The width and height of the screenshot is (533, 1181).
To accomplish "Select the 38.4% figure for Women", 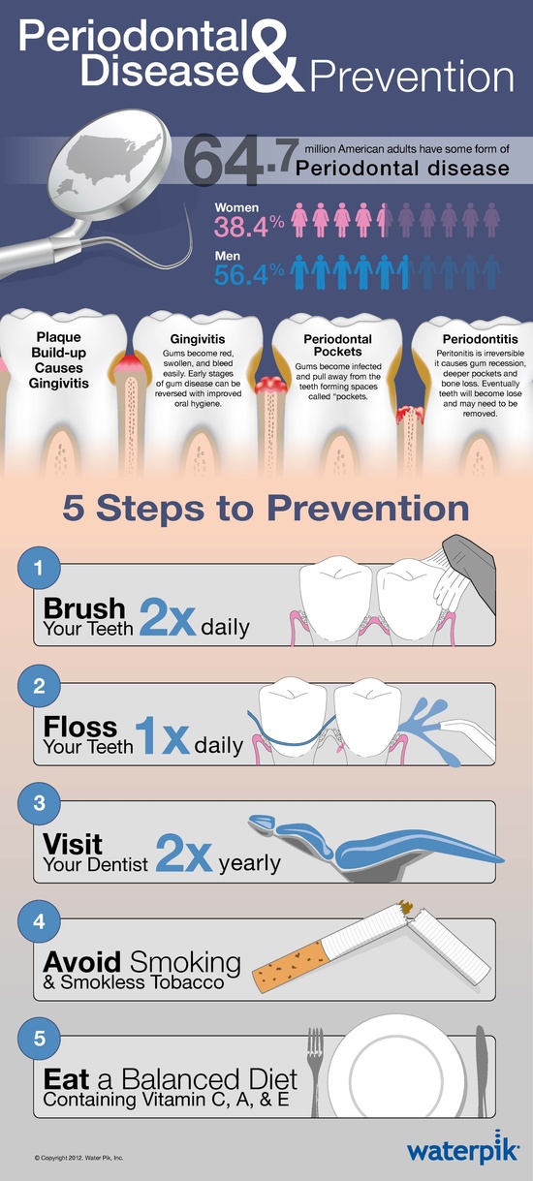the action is click(249, 227).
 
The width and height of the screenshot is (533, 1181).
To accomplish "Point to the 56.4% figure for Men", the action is click(249, 275).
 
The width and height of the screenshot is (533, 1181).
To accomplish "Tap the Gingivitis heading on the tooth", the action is click(198, 339).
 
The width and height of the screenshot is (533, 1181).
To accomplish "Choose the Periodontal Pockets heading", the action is click(338, 345).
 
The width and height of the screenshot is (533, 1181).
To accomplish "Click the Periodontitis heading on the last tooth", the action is click(481, 339).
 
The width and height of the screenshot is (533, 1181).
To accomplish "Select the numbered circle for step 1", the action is click(39, 568).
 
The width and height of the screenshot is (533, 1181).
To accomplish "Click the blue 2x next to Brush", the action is click(168, 617).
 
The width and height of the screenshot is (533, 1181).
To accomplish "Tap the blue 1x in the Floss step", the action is click(162, 735).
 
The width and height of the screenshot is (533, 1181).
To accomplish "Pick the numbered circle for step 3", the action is click(39, 803).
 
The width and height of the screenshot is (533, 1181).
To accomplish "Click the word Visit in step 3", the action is click(73, 844).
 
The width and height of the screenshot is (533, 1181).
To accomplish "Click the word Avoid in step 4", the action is click(82, 962).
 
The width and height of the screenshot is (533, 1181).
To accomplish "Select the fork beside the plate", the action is click(315, 1072).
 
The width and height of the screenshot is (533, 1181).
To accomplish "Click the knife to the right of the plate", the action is click(482, 1071).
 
